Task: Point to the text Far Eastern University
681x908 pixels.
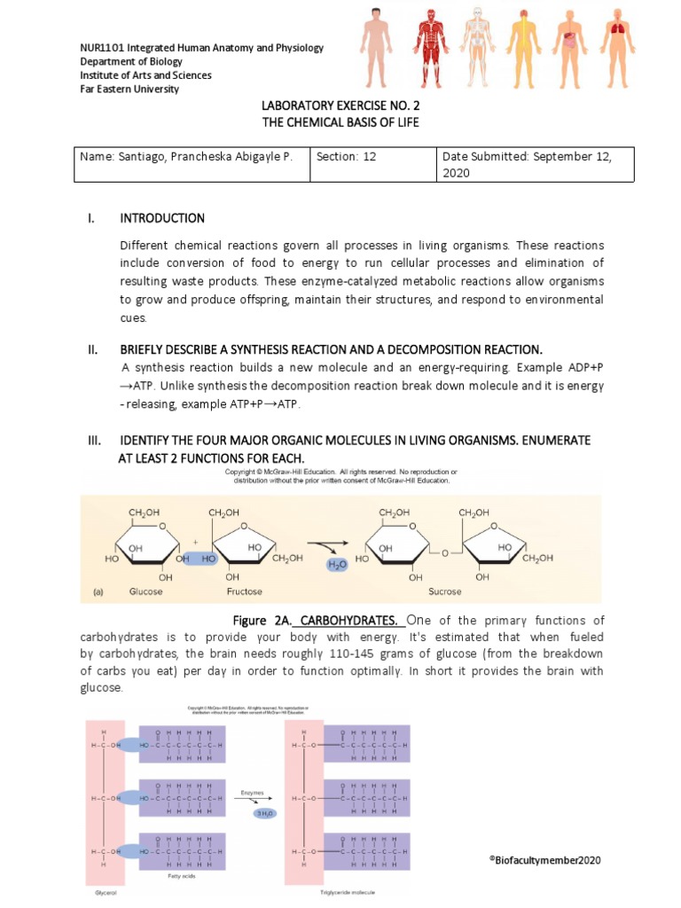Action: pos(129,89)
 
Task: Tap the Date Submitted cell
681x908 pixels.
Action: pos(535,164)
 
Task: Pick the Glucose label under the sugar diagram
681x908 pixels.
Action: pos(145,591)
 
